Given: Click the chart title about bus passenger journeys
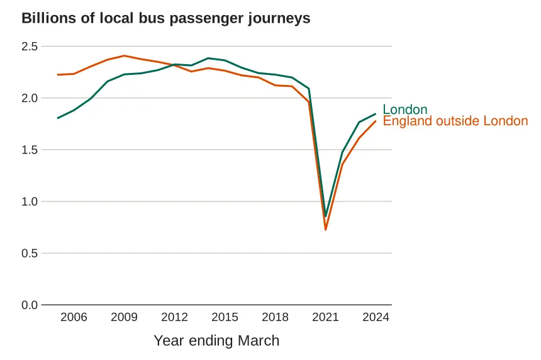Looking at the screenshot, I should point(166,18).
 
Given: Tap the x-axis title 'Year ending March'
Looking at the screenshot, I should point(216,341).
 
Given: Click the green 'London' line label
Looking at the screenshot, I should point(404,110).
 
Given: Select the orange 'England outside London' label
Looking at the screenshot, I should point(455,121).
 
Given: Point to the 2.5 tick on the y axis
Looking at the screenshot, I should point(30,47).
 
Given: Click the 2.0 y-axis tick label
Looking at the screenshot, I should point(30,98).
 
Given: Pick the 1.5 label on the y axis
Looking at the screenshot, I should point(30,150).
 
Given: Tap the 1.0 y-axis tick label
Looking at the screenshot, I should point(30,201).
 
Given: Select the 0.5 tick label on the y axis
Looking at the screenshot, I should point(30,253).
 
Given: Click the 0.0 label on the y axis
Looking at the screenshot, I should point(30,305).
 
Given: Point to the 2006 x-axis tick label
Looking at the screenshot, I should point(74,317).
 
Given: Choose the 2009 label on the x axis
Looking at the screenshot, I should point(124,317).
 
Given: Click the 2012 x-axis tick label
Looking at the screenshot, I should point(175,317).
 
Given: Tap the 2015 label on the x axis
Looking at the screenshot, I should point(225,317).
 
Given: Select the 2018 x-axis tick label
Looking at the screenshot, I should point(276,317).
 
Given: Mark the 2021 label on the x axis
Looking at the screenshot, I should point(326,317).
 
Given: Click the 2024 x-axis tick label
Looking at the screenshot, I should point(376,317).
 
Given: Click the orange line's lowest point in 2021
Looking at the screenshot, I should point(326,230).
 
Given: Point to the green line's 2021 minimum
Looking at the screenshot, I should point(326,217).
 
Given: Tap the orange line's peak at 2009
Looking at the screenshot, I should point(124,55).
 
